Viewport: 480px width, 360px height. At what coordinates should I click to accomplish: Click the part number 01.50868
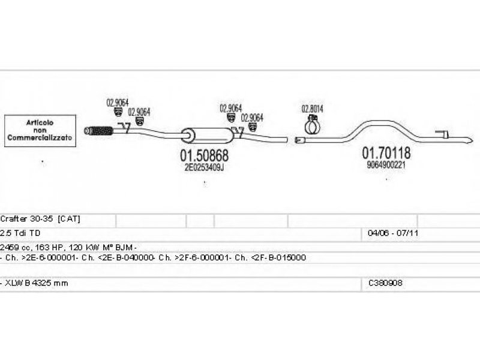pyautogui.click(x=205, y=155)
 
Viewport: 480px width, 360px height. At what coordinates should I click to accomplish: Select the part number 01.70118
pyautogui.click(x=386, y=153)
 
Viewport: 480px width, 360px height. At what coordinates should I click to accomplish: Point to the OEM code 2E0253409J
pyautogui.click(x=204, y=168)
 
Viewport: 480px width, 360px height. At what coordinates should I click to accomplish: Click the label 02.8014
pyautogui.click(x=312, y=109)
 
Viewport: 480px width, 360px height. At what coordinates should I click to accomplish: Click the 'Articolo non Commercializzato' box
pyautogui.click(x=40, y=130)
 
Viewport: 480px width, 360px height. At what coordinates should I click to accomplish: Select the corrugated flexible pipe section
pyautogui.click(x=100, y=130)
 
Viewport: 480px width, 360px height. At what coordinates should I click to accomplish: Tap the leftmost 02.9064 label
pyautogui.click(x=118, y=101)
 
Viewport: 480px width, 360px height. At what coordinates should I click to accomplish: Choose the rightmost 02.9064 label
pyautogui.click(x=252, y=118)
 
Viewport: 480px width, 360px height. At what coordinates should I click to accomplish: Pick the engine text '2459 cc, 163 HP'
pyautogui.click(x=36, y=247)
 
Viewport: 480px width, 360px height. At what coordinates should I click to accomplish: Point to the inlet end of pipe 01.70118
pyautogui.click(x=300, y=140)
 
